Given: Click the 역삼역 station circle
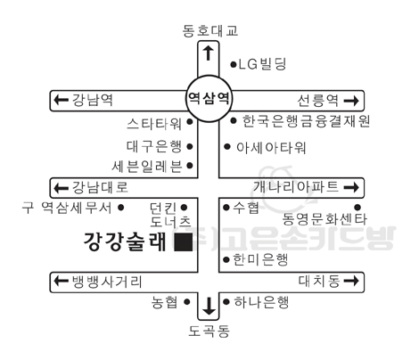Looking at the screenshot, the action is (x=209, y=76).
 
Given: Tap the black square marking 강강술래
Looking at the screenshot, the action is (x=184, y=242).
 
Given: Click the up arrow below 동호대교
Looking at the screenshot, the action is (x=209, y=53).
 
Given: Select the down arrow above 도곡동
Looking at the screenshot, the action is (x=209, y=307).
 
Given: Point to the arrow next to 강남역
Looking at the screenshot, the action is (x=61, y=100).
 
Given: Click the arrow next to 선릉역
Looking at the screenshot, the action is (x=351, y=101).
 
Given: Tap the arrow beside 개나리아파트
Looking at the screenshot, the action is (x=351, y=187).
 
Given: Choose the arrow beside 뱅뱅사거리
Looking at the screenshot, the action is (x=61, y=281).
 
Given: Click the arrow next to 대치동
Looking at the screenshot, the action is (x=351, y=281).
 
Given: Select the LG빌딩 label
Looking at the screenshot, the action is (x=262, y=64).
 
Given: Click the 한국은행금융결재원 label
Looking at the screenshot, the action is (x=306, y=121).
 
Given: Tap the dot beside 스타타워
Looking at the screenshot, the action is (x=190, y=122).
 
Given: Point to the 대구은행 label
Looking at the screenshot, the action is (x=154, y=146).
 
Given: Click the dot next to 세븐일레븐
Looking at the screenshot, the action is (x=190, y=166).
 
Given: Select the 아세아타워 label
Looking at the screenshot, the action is (x=271, y=147).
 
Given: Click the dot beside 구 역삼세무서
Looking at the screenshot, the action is (x=120, y=208).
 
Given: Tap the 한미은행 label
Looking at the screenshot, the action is (x=260, y=259).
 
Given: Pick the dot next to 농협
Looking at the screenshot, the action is (x=186, y=302).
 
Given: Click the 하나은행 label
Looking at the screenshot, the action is (x=261, y=302).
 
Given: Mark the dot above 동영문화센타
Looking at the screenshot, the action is (x=357, y=207).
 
